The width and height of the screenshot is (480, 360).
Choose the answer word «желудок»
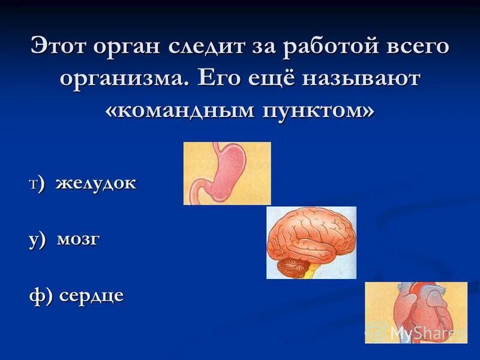[x=96, y=184]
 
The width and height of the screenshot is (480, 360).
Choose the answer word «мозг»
[x=78, y=241]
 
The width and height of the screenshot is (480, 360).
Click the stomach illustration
[x=227, y=173]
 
